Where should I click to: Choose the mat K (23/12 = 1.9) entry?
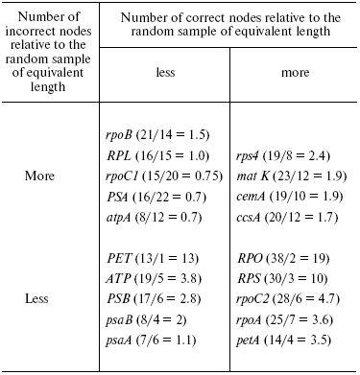click(x=286, y=177)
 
